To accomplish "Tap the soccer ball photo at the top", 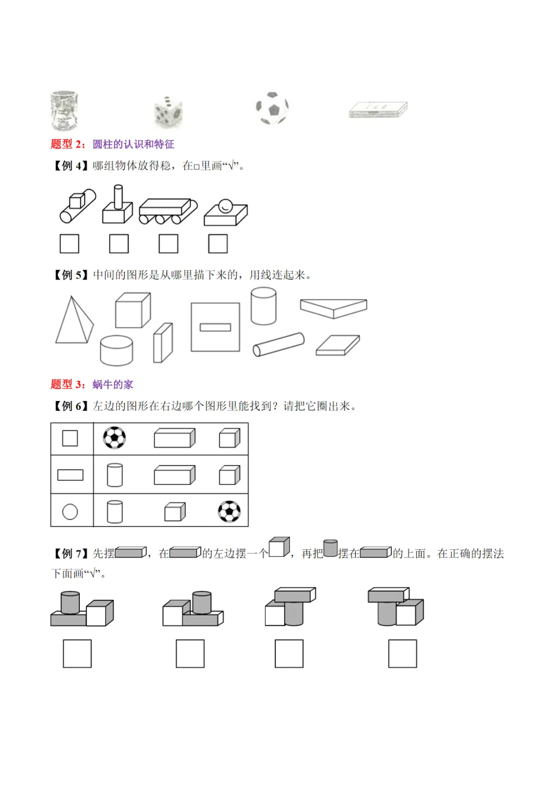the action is tap(272, 109).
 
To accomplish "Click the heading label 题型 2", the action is tap(67, 144).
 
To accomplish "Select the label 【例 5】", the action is tap(71, 275).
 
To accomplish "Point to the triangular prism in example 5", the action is tap(334, 307).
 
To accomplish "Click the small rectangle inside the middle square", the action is tap(215, 327).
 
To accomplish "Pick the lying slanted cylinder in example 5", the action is tap(279, 344).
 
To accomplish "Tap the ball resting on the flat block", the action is tap(225, 206).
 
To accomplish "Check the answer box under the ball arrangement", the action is tap(218, 243).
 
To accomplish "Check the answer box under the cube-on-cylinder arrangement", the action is tap(69, 243).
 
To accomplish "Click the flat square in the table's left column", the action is tap(70, 438).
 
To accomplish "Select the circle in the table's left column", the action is tap(70, 512).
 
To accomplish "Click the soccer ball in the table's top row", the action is tap(114, 438).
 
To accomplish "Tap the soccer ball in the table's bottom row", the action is tap(229, 512).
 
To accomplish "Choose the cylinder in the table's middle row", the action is tap(115, 475).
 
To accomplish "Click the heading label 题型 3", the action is tap(67, 385).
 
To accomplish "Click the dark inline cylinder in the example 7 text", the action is tap(331, 548).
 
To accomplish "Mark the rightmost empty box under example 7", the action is tap(403, 654).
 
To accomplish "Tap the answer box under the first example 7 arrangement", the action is tap(77, 654).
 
